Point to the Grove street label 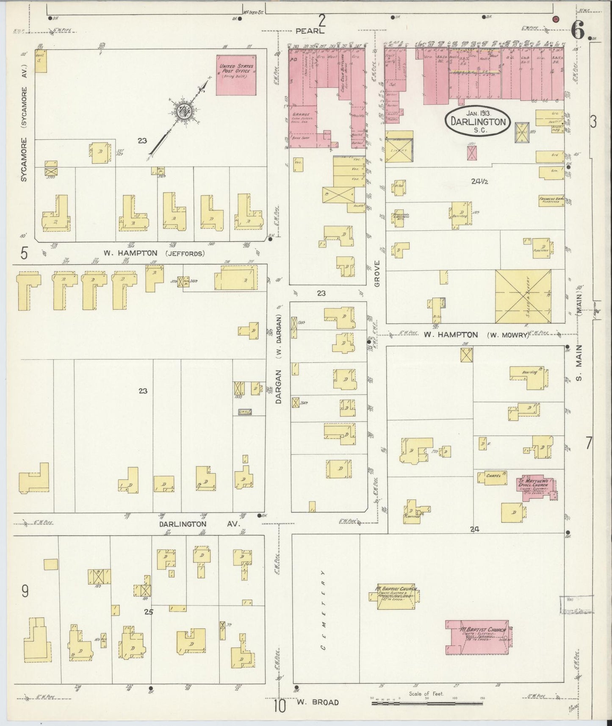377,273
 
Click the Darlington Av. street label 199,524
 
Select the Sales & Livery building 523,296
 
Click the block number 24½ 480,181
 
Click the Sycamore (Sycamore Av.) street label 24,123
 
